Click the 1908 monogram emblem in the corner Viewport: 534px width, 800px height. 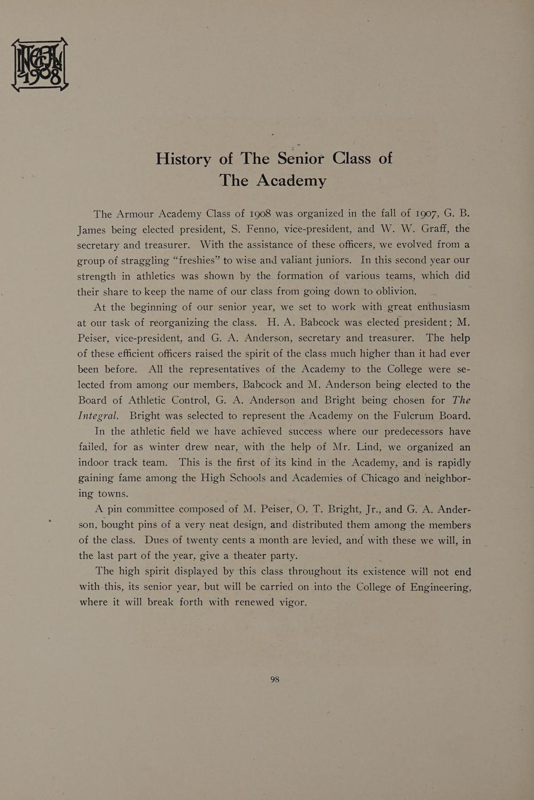[40, 65]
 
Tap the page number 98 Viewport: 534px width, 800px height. [275, 679]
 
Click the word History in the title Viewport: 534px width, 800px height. [183, 159]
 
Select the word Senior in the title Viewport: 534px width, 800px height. [301, 158]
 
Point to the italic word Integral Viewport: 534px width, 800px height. [98, 416]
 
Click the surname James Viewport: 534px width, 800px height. [92, 229]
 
